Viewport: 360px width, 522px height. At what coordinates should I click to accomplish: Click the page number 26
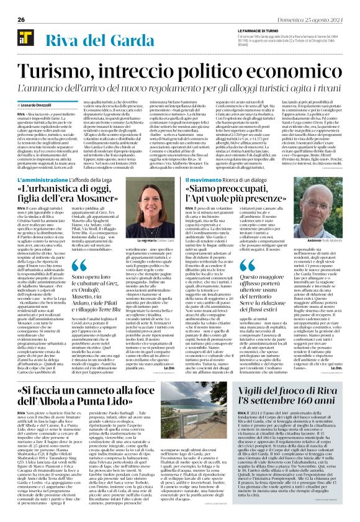click(21, 19)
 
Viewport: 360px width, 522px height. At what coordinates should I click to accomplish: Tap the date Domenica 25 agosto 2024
click(309, 19)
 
